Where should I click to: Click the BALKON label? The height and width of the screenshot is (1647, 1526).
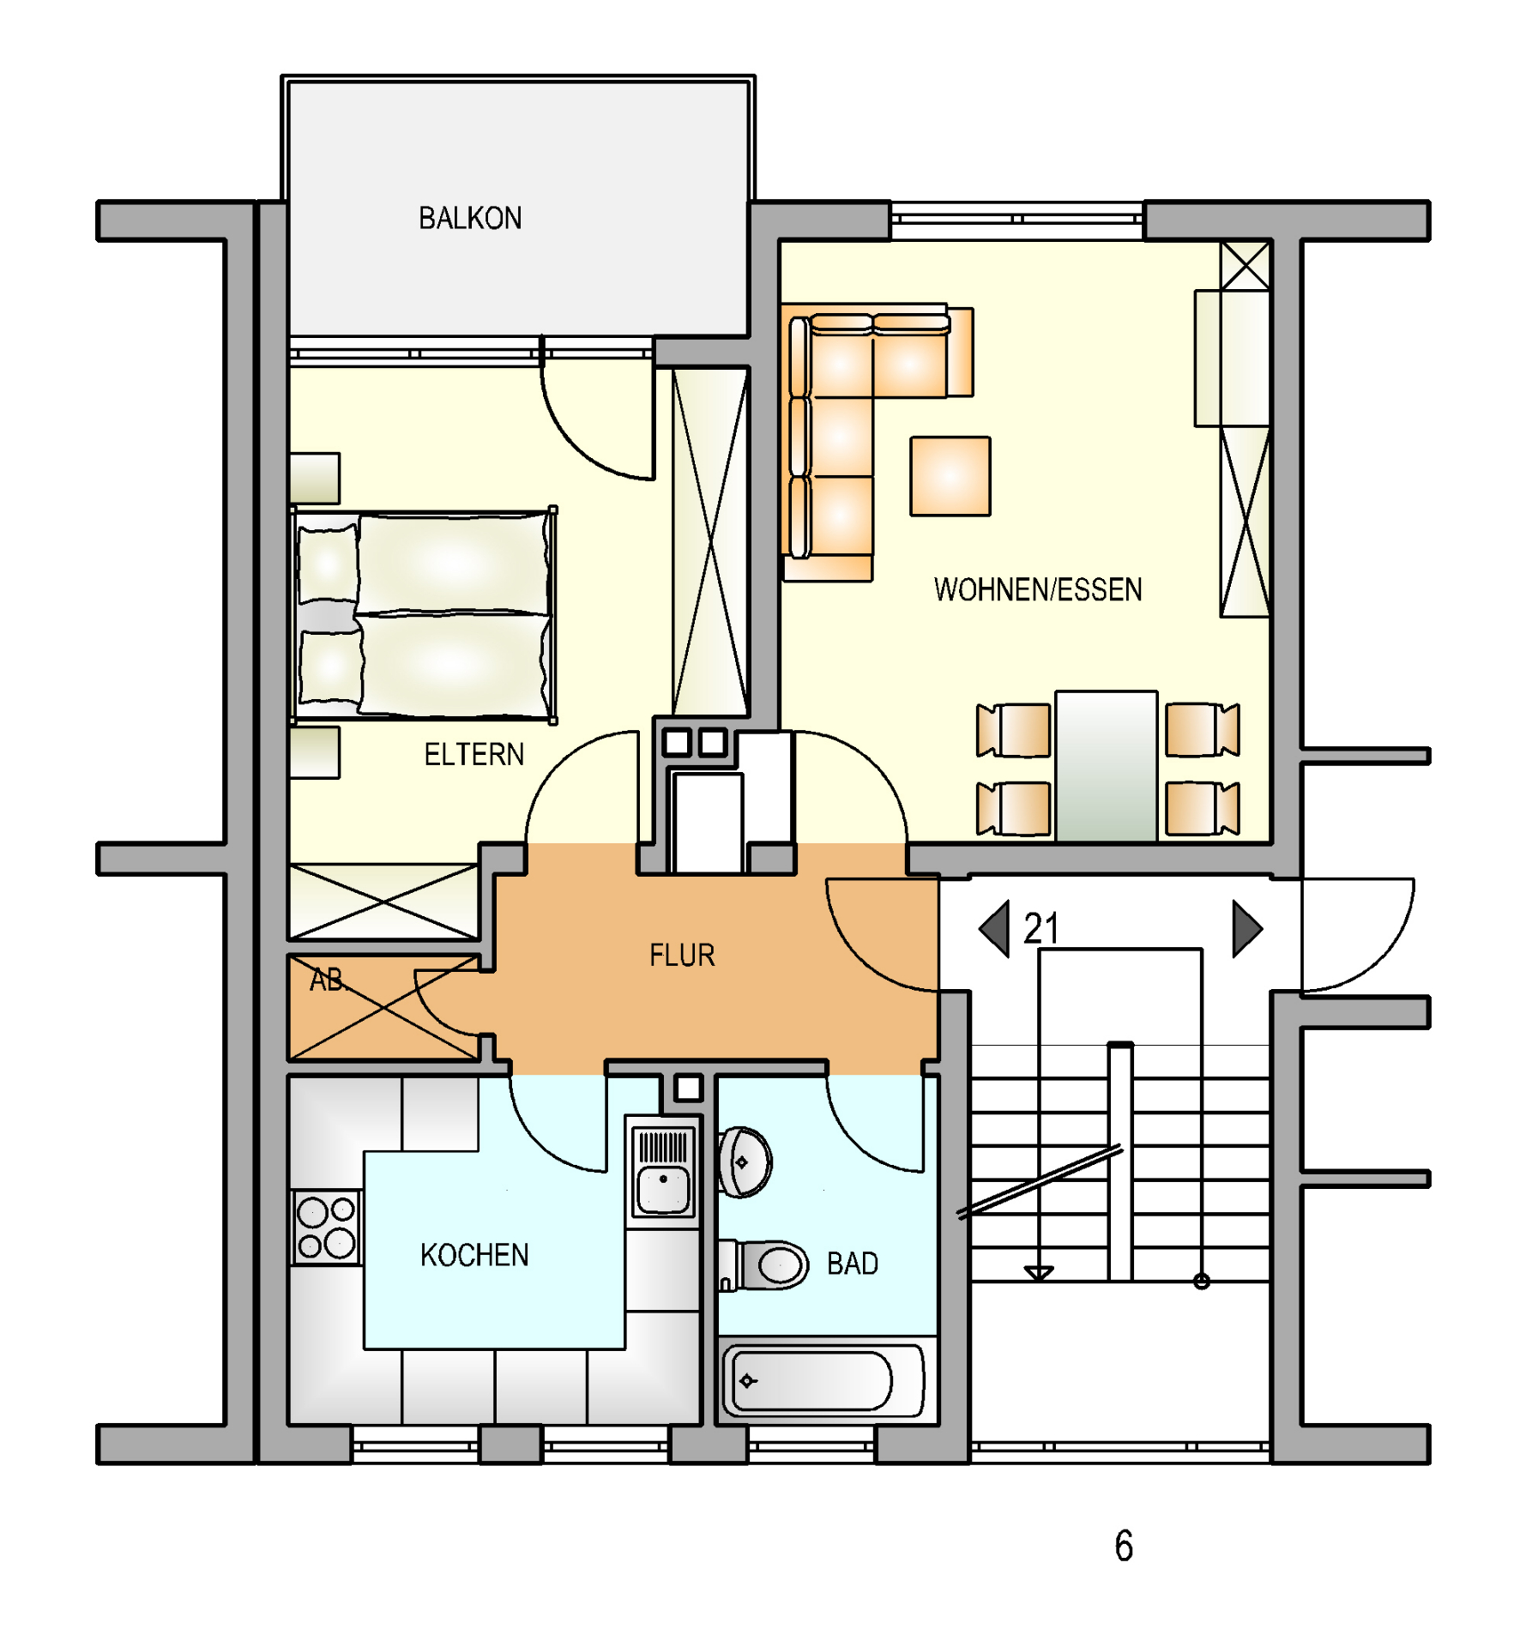(x=470, y=218)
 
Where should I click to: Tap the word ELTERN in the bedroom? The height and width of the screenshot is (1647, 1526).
(x=473, y=754)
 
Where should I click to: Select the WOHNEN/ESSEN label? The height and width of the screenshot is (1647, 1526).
(x=1038, y=589)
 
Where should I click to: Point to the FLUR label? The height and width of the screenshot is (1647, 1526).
(x=682, y=955)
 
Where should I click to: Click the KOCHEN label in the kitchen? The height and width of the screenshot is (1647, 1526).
(x=474, y=1255)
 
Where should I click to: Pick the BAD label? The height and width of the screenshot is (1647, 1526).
(x=853, y=1264)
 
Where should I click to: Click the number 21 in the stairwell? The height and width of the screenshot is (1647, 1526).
(x=1041, y=928)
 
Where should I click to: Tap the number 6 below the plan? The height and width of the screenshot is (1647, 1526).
(x=1124, y=1546)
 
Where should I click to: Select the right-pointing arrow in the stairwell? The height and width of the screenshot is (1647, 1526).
(x=1248, y=928)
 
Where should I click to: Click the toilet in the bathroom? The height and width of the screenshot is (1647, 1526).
(x=763, y=1264)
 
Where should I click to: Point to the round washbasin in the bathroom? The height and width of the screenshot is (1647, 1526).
(x=745, y=1162)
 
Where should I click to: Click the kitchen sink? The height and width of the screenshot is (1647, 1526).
(x=663, y=1172)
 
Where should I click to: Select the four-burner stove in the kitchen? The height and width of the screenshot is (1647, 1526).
(x=326, y=1227)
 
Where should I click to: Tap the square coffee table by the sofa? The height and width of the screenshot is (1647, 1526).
(x=950, y=476)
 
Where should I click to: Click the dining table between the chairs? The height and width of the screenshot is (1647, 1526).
(x=1107, y=766)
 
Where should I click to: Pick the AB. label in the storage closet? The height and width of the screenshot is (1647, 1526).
(x=327, y=980)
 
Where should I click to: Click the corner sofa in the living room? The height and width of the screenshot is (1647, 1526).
(x=841, y=437)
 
